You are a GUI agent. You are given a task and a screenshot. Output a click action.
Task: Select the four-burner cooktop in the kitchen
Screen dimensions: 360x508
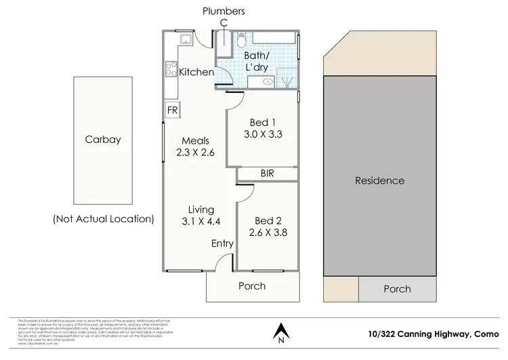(171, 68)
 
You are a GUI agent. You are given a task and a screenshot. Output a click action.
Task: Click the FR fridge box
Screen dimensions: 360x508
(172, 110)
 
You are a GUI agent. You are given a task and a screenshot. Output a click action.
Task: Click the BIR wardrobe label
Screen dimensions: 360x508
(267, 174)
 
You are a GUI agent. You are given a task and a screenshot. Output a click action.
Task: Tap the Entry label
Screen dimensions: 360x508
(222, 243)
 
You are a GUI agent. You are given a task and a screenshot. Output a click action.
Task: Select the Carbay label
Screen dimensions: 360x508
(103, 140)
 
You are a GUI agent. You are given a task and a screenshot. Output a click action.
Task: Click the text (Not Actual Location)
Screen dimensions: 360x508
(103, 219)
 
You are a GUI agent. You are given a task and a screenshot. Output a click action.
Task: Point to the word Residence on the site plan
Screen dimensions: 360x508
(380, 180)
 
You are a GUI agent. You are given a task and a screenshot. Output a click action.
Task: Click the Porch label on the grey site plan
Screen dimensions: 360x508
(397, 289)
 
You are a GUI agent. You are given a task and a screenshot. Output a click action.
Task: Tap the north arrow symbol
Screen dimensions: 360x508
(279, 332)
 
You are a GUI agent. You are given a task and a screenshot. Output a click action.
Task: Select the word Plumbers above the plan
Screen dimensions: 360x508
(223, 11)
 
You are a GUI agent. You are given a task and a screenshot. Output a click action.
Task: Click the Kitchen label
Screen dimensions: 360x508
(196, 72)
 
